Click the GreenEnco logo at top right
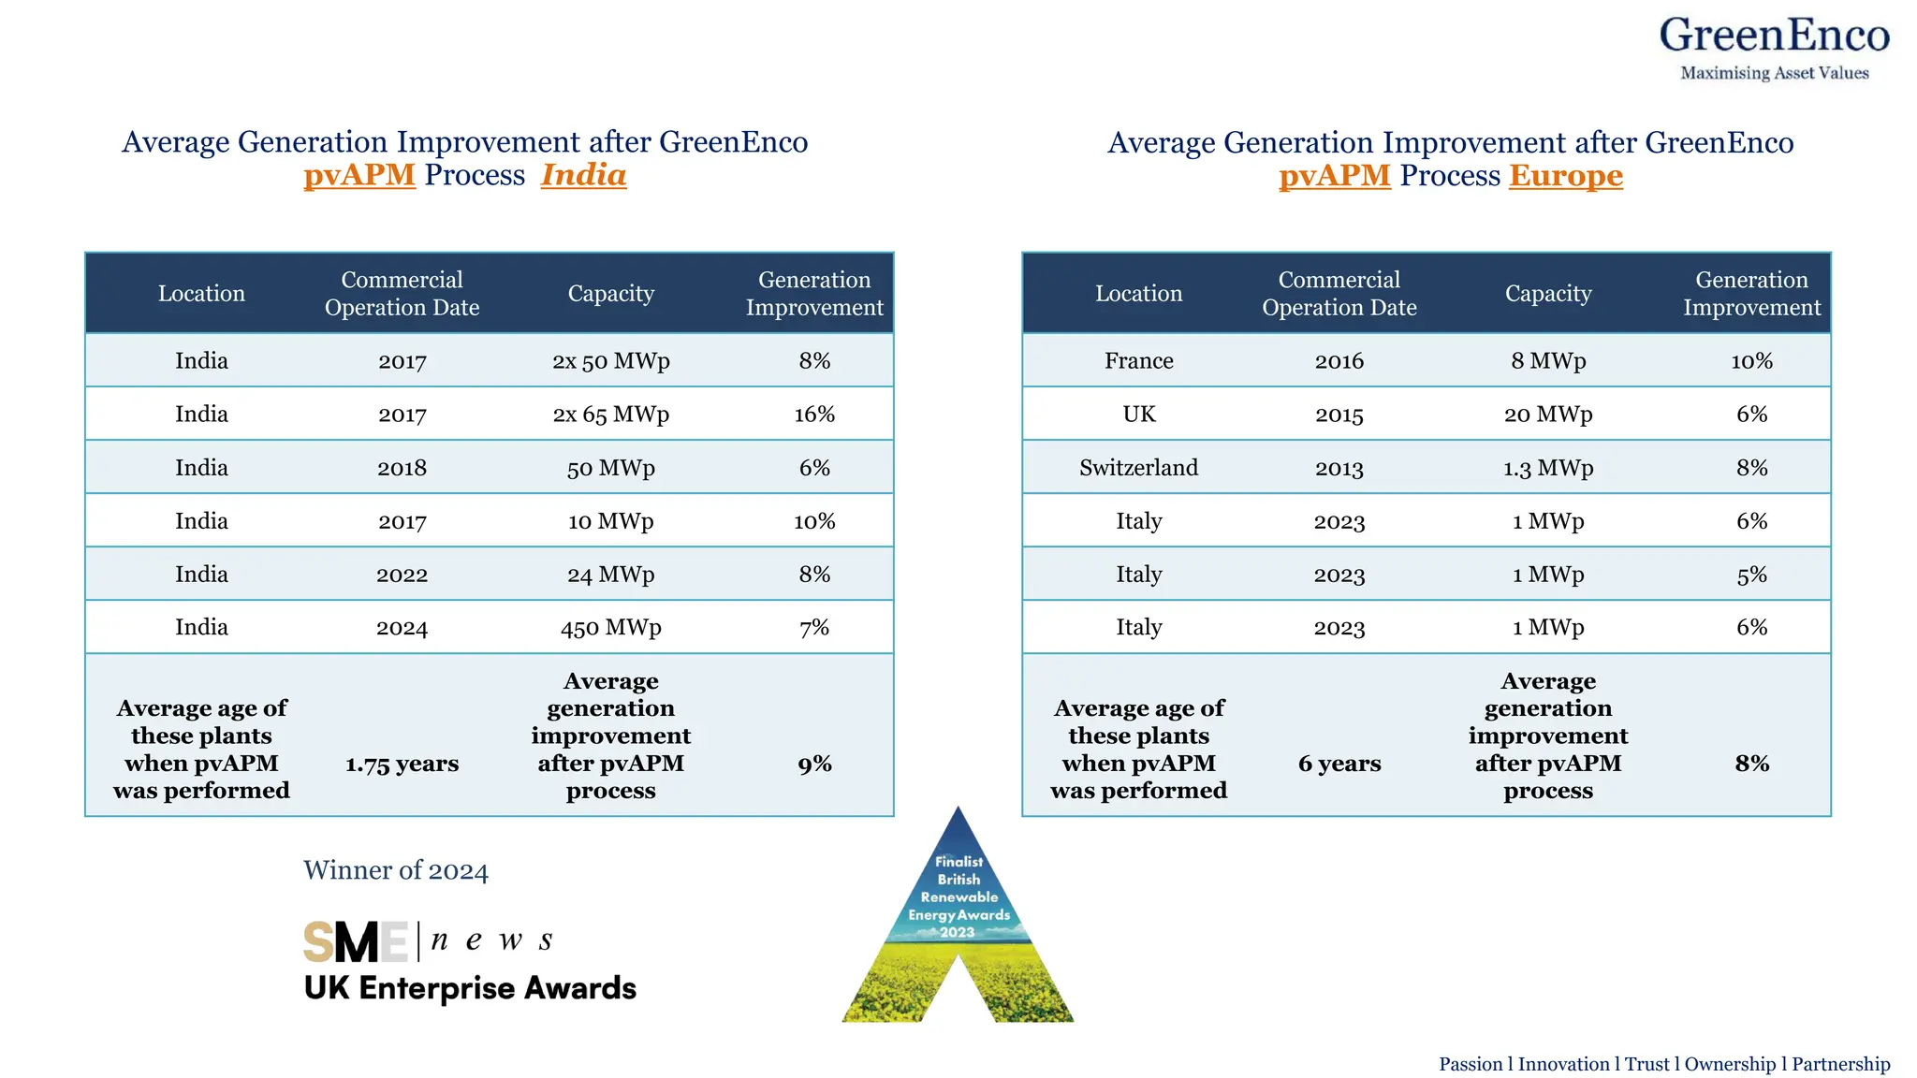pos(1774,47)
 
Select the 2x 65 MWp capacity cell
pos(610,414)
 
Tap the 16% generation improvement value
pos(814,414)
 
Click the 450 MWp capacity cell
pos(610,627)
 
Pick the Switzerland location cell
pos(1138,467)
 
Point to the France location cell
pos(1138,360)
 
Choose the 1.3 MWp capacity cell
pos(1547,467)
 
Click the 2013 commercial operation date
pos(1339,467)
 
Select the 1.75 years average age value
pos(402,764)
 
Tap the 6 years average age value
pos(1339,764)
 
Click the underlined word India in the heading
pos(583,175)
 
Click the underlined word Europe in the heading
pos(1565,176)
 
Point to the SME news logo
pos(428,940)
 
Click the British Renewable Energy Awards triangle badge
pos(958,917)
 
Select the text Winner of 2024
pos(395,870)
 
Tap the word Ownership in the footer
pos(1729,1064)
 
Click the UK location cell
pos(1138,414)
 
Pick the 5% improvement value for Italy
pos(1751,574)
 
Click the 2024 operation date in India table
pos(402,627)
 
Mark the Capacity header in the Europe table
pos(1547,293)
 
